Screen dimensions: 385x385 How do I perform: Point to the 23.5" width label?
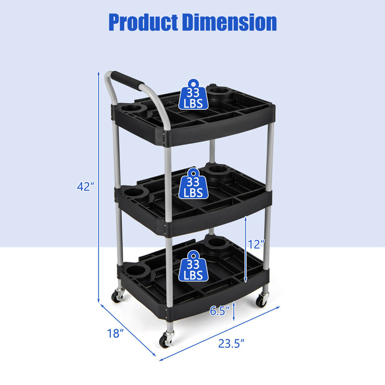(x=229, y=343)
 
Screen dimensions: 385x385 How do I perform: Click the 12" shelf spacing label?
(x=257, y=244)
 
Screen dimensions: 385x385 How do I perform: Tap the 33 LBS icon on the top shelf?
(x=192, y=95)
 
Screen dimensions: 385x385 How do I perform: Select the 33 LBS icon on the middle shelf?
(x=192, y=183)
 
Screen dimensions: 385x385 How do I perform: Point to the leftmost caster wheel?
(x=117, y=296)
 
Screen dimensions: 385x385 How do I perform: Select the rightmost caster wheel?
(x=261, y=301)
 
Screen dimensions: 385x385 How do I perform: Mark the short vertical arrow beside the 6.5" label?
(x=233, y=311)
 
